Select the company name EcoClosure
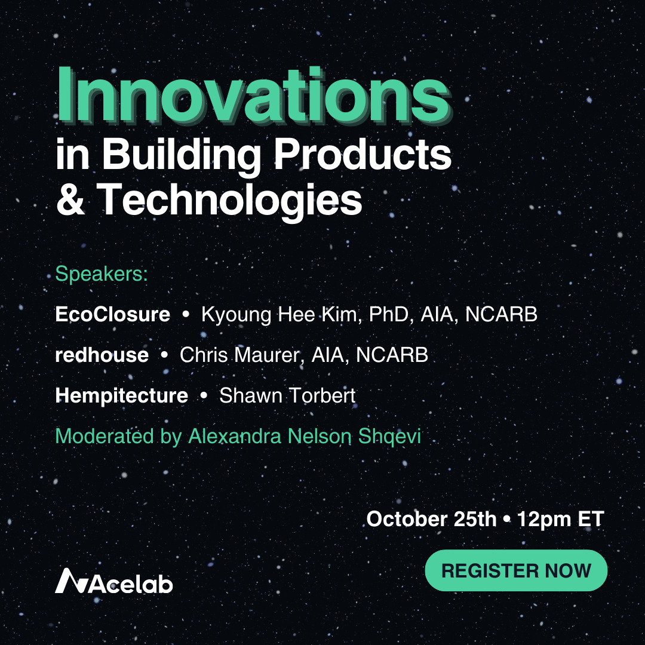(x=112, y=315)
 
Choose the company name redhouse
(x=102, y=355)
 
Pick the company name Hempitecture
(x=121, y=395)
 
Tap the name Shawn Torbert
(x=287, y=395)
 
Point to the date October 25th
(x=431, y=519)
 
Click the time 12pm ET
(x=561, y=519)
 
